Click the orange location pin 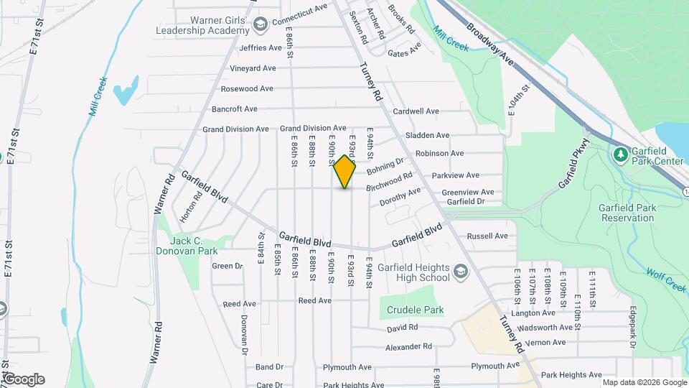(345, 171)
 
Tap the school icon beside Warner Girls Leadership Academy (258, 25)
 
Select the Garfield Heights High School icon (460, 271)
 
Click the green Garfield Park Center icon (619, 154)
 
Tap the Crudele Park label (415, 310)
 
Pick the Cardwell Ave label (416, 111)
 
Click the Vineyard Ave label (253, 68)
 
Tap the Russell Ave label (487, 236)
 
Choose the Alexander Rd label (408, 346)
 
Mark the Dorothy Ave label (400, 196)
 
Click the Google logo (24, 379)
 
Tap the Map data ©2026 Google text (644, 382)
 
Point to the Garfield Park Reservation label (628, 213)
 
